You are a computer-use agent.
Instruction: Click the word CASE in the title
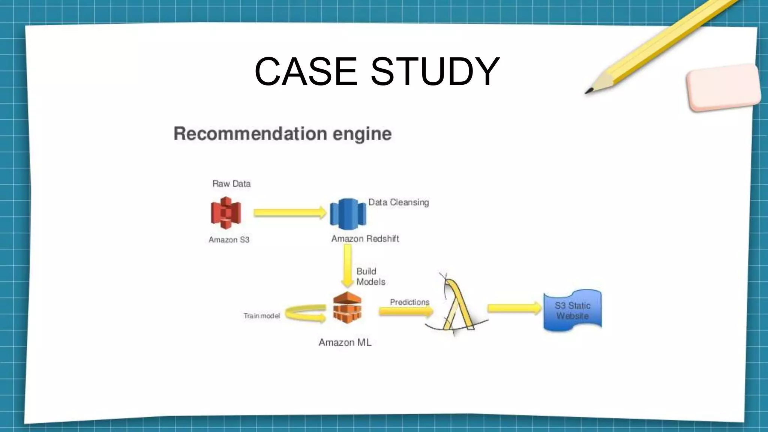(x=306, y=71)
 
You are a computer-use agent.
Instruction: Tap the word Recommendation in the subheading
(x=250, y=133)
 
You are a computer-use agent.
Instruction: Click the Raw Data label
(x=231, y=184)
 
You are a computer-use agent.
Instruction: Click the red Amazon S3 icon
(x=225, y=213)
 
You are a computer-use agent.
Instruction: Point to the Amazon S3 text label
(x=229, y=240)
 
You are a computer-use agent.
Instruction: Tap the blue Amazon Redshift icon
(x=348, y=214)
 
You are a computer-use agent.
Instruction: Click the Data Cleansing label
(x=398, y=202)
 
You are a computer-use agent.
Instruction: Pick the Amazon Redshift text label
(x=365, y=239)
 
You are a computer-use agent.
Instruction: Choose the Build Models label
(x=370, y=277)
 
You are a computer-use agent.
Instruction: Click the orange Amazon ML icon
(x=347, y=307)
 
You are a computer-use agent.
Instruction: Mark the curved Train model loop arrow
(x=304, y=313)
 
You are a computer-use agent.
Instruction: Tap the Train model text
(x=261, y=316)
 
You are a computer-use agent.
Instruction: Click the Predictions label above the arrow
(x=409, y=302)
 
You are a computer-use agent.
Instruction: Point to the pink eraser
(x=723, y=87)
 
